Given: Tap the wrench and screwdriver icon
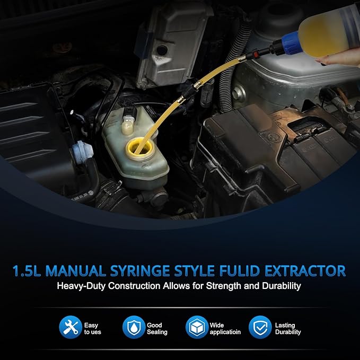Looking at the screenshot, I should click(70, 328).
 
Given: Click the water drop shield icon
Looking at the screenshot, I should click(133, 328).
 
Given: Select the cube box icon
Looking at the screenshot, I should click(196, 328).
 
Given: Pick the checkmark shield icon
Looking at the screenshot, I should click(260, 328).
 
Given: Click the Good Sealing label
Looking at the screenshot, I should click(157, 328).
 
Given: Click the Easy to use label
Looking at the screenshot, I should click(92, 328).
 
